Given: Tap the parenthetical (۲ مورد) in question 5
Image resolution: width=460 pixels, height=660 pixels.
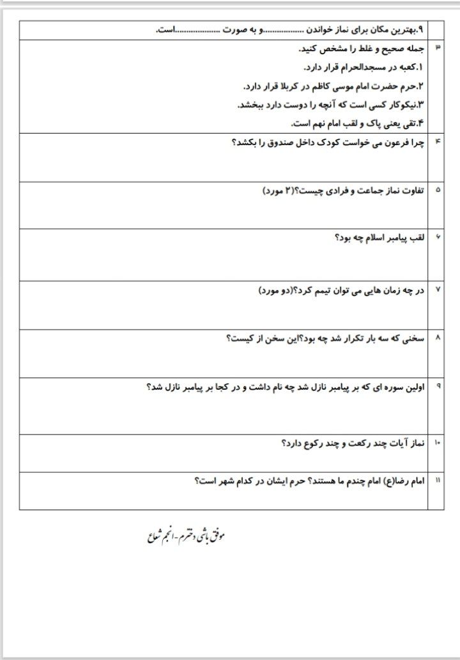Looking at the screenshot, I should click(x=279, y=191).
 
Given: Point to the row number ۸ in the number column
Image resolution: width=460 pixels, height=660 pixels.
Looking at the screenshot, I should click(x=437, y=337).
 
